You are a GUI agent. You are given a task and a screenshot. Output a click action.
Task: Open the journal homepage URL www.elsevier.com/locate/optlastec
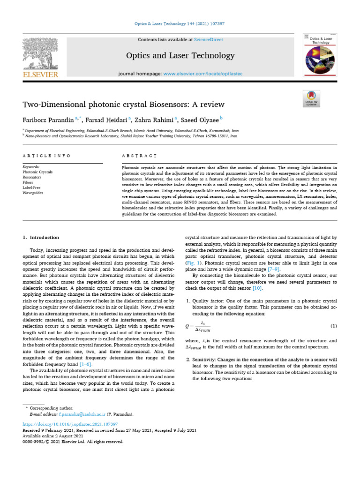(x=203, y=74)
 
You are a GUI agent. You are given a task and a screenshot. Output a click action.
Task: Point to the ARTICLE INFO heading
(x=47, y=156)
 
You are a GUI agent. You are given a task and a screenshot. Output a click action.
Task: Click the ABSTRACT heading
(x=139, y=156)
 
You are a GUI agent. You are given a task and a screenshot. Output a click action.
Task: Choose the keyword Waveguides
(x=32, y=193)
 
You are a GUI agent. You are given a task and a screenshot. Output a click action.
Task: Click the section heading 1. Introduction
(x=41, y=238)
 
